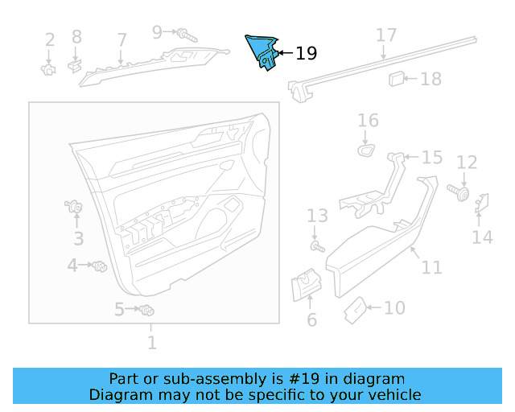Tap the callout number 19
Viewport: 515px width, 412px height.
point(306,54)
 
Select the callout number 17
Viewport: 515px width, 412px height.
point(386,35)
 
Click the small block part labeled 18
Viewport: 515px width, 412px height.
point(396,78)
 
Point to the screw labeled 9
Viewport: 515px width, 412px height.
point(188,35)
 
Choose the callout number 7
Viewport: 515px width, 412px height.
point(122,39)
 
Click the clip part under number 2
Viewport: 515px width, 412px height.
point(48,69)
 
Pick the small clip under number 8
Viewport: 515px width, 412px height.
point(75,63)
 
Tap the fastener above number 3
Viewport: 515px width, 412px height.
point(76,208)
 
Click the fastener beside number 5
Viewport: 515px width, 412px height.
point(146,311)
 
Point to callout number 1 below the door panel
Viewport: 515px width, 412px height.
point(151,344)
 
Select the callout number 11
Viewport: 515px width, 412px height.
point(432,267)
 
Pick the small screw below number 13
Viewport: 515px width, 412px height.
point(317,246)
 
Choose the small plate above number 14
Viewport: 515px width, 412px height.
point(483,204)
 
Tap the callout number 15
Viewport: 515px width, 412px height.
point(432,157)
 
